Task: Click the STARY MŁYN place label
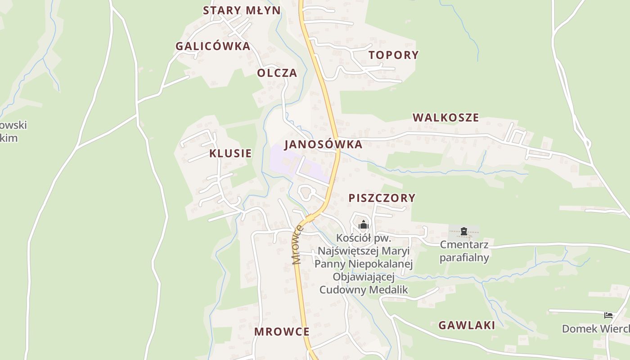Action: pos(242,10)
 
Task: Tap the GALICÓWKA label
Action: pos(213,46)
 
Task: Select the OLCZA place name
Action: pos(277,73)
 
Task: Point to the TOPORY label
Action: pos(394,55)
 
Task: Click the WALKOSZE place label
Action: pos(446,117)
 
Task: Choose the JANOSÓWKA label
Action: pos(323,144)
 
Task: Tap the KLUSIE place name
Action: pos(230,153)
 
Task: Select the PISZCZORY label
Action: pos(382,198)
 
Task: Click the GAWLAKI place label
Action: pos(467,325)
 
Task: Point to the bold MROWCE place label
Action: pos(282,332)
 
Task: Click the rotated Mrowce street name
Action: pos(297,245)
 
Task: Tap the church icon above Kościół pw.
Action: pos(363,225)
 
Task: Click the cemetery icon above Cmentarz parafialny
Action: pos(463,232)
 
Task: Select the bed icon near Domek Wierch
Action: pos(608,315)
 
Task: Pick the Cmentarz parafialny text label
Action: pos(464,251)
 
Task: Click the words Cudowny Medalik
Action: pos(364,289)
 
